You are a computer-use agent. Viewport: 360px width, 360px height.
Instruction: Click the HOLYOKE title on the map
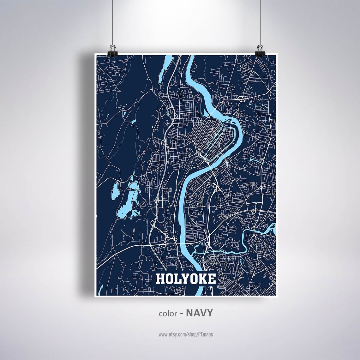pyautogui.click(x=186, y=279)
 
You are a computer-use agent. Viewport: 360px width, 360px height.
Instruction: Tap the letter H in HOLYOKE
pyautogui.click(x=160, y=279)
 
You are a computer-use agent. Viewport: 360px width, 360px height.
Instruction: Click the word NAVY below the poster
pyautogui.click(x=200, y=313)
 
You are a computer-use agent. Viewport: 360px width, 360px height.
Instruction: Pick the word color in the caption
pyautogui.click(x=168, y=313)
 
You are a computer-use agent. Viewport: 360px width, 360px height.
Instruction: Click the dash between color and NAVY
pyautogui.click(x=182, y=313)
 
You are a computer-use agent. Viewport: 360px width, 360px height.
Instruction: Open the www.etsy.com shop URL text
pyautogui.click(x=186, y=334)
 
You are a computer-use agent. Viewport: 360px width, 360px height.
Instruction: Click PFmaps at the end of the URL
pyautogui.click(x=206, y=334)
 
